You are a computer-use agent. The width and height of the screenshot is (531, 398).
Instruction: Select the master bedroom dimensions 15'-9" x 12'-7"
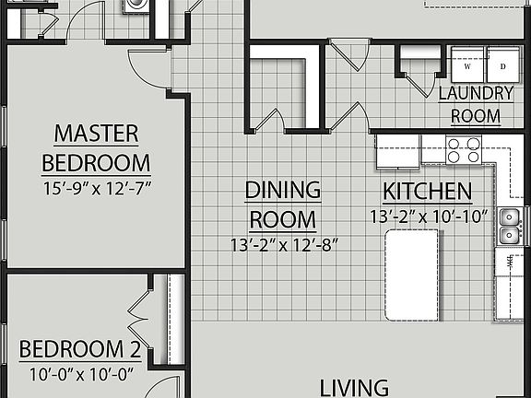click(x=96, y=186)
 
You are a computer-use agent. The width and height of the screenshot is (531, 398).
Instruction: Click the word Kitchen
click(x=427, y=193)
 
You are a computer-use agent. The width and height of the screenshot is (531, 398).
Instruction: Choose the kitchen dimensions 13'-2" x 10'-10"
click(x=431, y=217)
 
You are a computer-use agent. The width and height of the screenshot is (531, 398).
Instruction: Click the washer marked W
click(x=467, y=65)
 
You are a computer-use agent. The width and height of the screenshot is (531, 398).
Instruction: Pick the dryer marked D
click(x=502, y=65)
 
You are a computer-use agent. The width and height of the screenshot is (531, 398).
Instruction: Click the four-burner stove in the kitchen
click(x=463, y=149)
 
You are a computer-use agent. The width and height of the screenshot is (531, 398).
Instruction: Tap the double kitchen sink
click(x=509, y=227)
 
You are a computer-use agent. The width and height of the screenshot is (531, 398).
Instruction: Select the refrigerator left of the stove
click(x=397, y=151)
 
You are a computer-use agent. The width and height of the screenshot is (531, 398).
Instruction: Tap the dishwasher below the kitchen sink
click(x=508, y=263)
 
